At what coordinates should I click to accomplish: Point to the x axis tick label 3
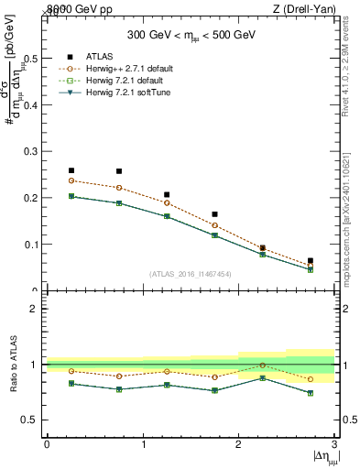pyautogui.click(x=334, y=444)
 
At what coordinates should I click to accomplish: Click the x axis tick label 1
pyautogui.click(x=143, y=444)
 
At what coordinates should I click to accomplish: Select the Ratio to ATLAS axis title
pyautogui.click(x=15, y=365)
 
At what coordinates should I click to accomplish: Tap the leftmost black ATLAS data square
pyautogui.click(x=71, y=170)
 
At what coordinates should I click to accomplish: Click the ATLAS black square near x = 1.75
pyautogui.click(x=214, y=214)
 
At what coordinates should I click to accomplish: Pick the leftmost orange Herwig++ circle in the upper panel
pyautogui.click(x=71, y=180)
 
